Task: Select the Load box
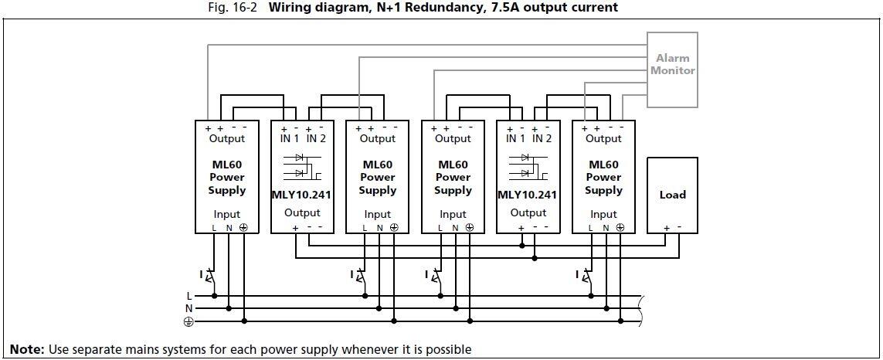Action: pos(672,195)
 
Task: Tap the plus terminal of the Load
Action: pos(666,228)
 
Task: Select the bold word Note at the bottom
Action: pos(27,349)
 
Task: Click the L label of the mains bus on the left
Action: pos(189,296)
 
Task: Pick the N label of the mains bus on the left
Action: pos(189,308)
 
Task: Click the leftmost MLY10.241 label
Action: pos(301,195)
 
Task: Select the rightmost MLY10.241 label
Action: pos(528,195)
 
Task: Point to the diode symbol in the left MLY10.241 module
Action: pos(300,164)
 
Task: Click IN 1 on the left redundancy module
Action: pos(288,139)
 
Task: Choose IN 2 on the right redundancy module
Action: pos(542,139)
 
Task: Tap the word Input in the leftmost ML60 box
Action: pos(227,214)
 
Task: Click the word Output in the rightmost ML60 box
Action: pos(603,139)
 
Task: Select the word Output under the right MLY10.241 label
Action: pos(528,212)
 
